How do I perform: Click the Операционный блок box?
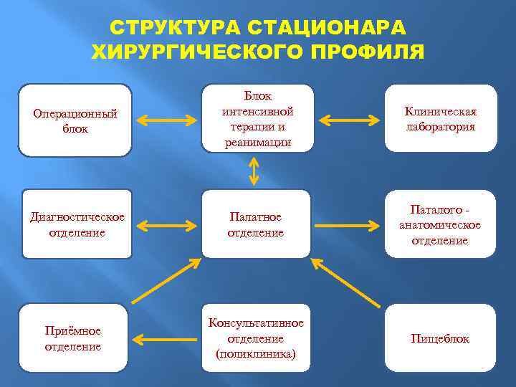click(75, 120)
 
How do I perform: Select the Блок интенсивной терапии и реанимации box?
click(257, 119)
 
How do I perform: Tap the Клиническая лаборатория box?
click(440, 119)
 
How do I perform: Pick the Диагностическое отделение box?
click(77, 224)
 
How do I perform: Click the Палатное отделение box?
click(256, 224)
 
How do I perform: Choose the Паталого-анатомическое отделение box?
click(440, 224)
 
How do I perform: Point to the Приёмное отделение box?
click(72, 338)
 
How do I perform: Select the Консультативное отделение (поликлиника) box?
click(256, 338)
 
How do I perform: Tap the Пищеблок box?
click(440, 338)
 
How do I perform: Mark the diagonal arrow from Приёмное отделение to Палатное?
click(166, 280)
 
